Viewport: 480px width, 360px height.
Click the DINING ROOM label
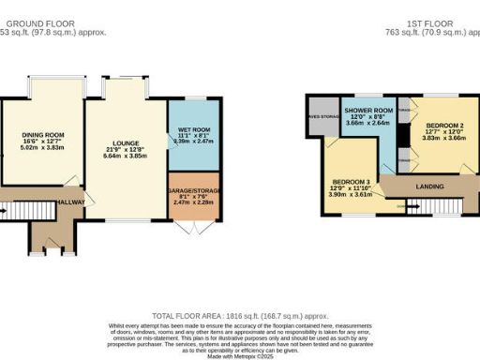coord(40,134)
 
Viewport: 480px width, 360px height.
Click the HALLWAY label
coord(71,202)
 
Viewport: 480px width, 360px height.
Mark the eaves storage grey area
coord(319,116)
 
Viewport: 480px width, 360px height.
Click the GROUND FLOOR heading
coord(52,22)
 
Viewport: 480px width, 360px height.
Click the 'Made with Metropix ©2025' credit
coord(240,354)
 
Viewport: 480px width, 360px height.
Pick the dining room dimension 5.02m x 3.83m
coord(40,147)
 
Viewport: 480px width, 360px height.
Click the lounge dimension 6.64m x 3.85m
coord(125,154)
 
